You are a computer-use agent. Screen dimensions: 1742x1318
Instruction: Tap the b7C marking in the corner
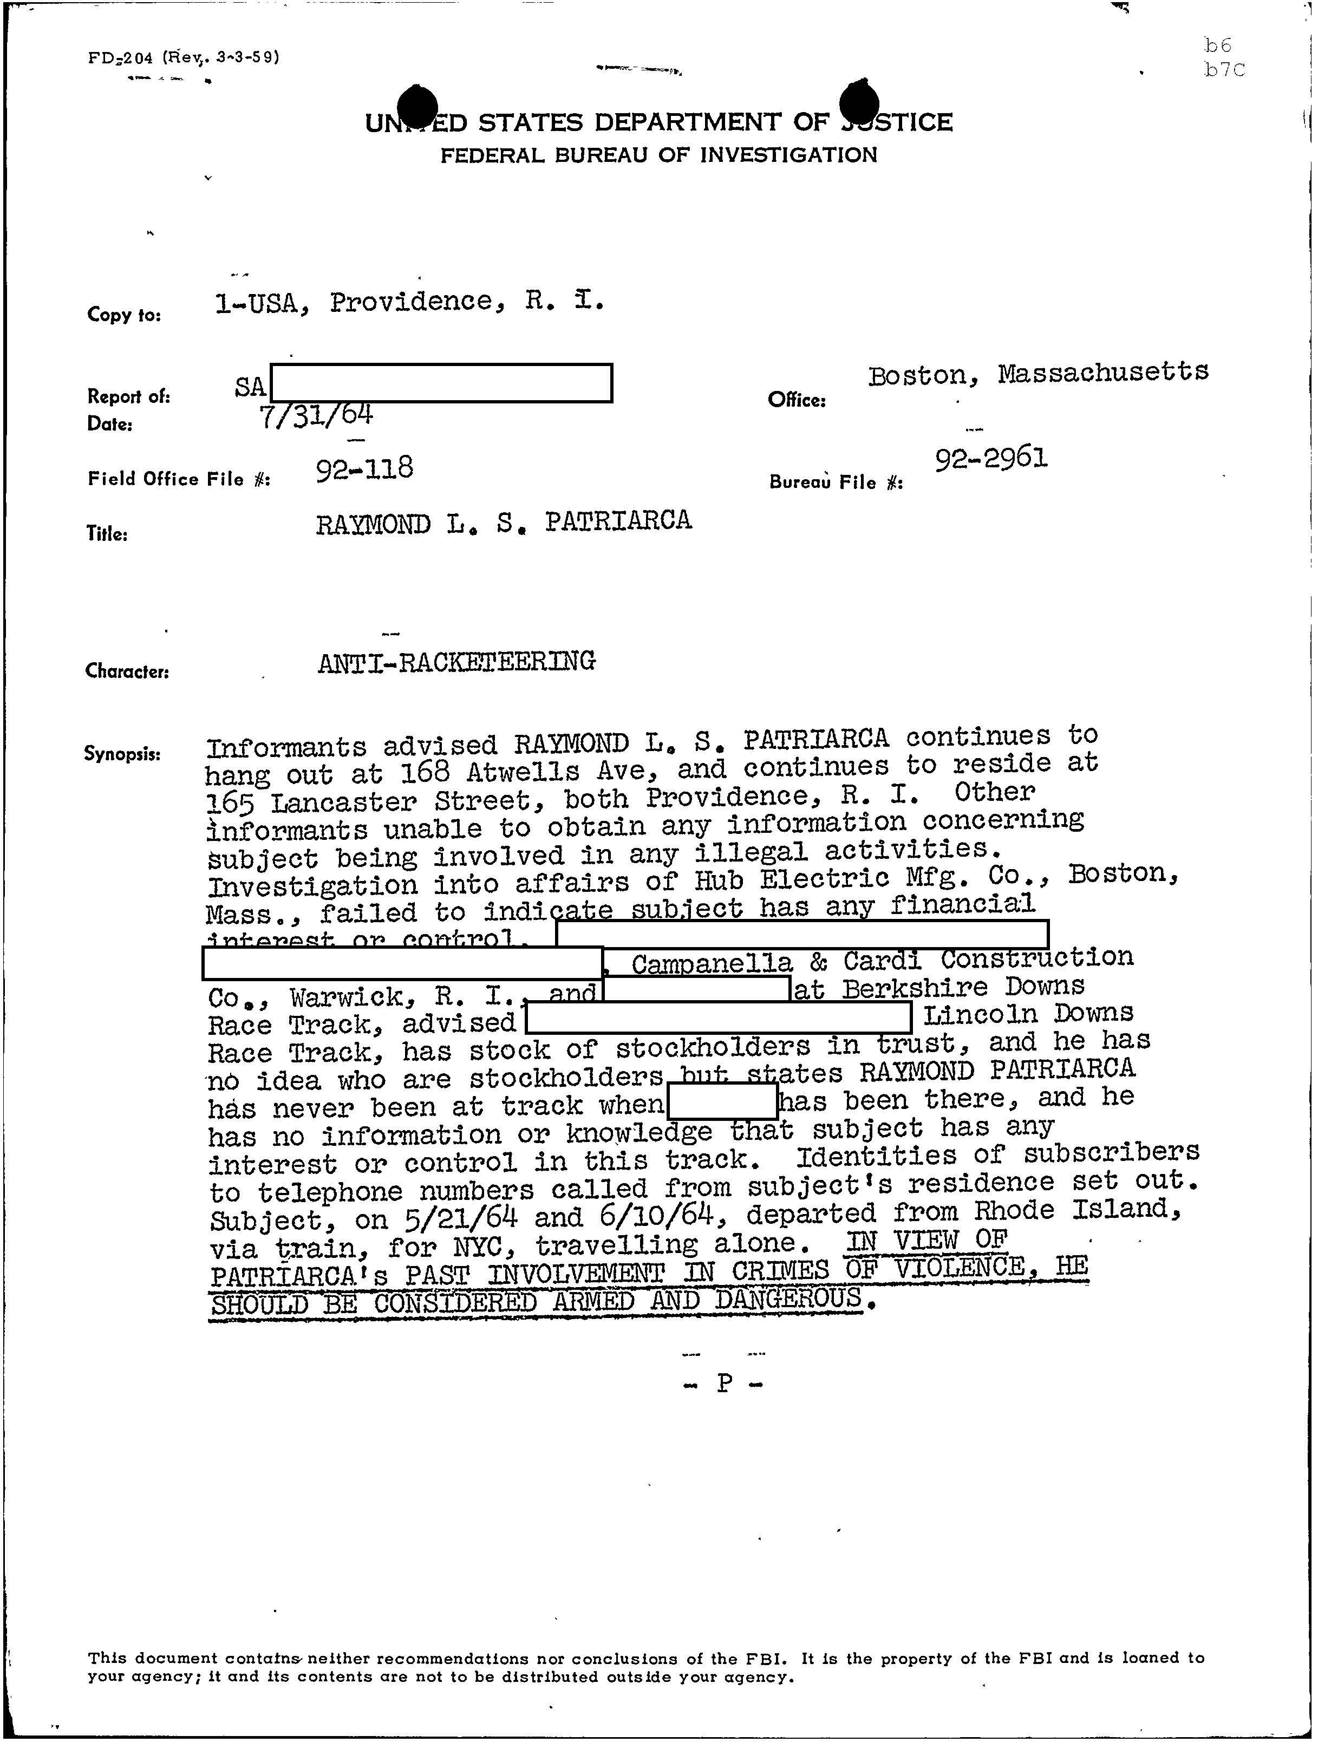pos(1224,70)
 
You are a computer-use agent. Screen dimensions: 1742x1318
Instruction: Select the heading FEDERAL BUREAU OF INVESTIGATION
pos(658,155)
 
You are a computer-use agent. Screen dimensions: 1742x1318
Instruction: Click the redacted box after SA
pos(441,383)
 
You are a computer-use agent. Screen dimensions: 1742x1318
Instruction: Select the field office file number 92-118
pos(364,469)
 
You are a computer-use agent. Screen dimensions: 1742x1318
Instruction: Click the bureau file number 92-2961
pos(991,458)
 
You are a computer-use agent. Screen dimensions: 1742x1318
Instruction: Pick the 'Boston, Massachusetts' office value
pos(1038,373)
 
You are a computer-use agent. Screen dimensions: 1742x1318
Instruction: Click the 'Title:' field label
pos(107,534)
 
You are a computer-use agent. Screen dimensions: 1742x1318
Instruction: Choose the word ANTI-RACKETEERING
pos(456,662)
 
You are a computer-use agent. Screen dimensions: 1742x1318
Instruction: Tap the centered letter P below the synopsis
pos(725,1384)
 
